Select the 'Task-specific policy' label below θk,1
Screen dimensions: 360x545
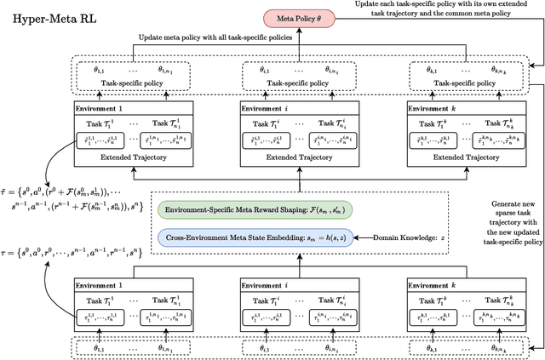pyautogui.click(x=460, y=83)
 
